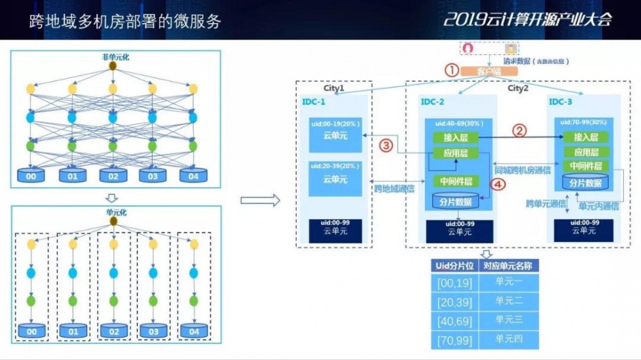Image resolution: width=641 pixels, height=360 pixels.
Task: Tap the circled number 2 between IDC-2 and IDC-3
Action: point(520,130)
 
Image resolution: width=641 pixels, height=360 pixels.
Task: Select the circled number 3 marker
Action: point(385,145)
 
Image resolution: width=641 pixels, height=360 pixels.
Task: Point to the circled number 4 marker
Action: point(497,184)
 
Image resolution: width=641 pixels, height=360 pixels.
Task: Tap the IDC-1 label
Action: point(314,102)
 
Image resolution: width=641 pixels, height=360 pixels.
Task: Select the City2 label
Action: point(518,88)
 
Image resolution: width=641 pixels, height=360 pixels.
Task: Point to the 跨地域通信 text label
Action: point(394,188)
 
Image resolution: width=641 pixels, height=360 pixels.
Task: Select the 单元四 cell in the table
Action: point(508,339)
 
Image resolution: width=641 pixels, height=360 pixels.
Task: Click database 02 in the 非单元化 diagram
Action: point(113,176)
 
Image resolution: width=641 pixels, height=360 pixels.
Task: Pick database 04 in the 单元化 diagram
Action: point(193,331)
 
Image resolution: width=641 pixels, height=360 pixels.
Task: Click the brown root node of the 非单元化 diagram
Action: point(113,66)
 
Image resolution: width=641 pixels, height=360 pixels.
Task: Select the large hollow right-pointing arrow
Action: point(260,201)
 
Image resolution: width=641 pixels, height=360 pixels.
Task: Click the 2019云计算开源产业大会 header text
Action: point(528,19)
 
